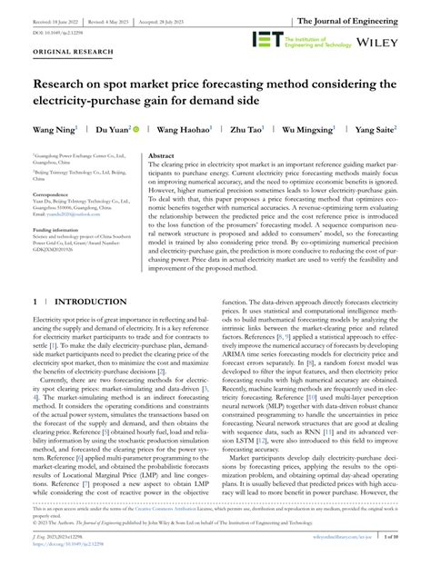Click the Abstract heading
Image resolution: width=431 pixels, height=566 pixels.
point(161,155)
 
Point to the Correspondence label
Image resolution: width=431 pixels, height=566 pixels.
point(53,195)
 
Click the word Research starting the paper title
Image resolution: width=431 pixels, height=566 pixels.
point(65,86)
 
